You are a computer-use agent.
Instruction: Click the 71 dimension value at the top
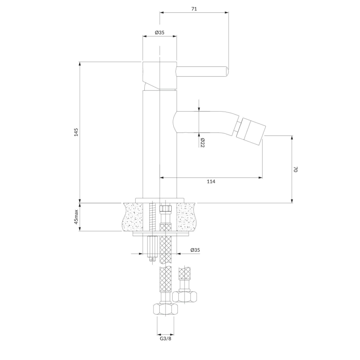194,8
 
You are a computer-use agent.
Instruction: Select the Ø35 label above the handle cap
160,32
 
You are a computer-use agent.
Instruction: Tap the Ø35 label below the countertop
195,250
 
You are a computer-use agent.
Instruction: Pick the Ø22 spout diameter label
202,143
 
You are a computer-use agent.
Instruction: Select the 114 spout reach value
211,181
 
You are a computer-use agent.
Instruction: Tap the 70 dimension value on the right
296,170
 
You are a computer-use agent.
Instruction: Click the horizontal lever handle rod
202,71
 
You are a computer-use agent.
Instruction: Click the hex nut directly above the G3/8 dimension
165,309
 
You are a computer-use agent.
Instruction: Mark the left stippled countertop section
134,216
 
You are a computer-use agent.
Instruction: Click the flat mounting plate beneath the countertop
161,234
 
